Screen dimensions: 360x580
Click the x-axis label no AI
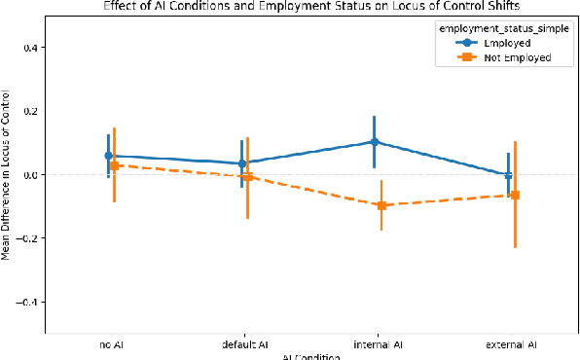click(x=111, y=344)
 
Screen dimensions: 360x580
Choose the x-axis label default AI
click(x=244, y=344)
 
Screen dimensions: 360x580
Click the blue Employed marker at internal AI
click(x=374, y=142)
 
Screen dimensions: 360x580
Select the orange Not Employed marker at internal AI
click(x=381, y=205)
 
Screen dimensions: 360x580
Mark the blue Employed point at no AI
click(x=108, y=156)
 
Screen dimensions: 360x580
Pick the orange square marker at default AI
click(x=248, y=176)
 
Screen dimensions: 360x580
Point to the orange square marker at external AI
click(x=515, y=195)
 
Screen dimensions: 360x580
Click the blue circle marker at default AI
click(x=241, y=163)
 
